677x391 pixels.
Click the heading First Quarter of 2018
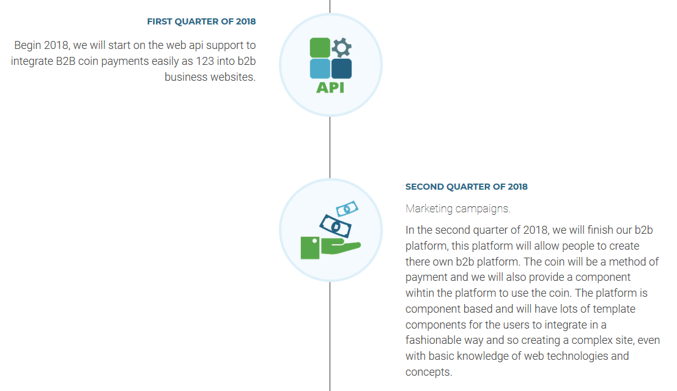point(201,21)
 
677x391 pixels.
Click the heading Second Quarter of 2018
point(466,187)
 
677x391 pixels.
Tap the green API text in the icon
point(330,88)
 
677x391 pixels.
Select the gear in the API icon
point(341,48)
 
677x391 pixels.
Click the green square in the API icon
point(320,48)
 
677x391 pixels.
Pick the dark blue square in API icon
point(341,69)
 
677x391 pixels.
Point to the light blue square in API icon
point(320,69)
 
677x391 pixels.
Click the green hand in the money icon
point(330,248)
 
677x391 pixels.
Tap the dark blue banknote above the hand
point(336,226)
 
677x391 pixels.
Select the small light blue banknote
point(347,208)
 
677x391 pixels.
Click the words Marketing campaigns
point(457,209)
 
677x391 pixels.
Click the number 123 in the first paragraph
point(205,61)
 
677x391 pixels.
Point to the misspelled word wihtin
point(420,293)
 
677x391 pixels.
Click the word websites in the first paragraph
point(234,77)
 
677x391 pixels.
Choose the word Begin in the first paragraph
point(28,46)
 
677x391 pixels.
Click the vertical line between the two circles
point(330,147)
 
